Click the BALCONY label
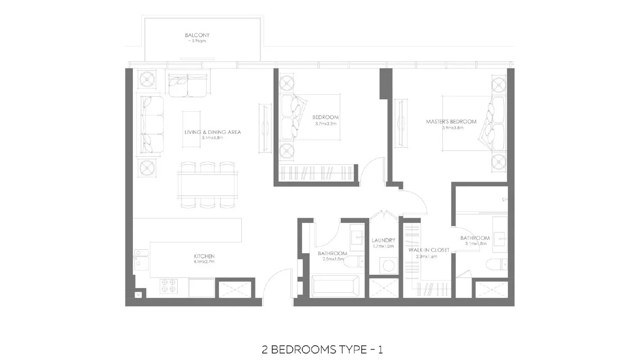193,35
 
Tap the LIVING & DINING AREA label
212,132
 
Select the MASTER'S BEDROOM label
451,122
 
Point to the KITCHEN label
204,256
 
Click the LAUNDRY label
383,240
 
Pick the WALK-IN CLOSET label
428,250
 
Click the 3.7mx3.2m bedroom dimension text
325,124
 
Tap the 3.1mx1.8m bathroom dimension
475,244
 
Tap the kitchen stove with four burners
172,286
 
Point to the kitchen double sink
141,259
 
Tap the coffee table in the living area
193,125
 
